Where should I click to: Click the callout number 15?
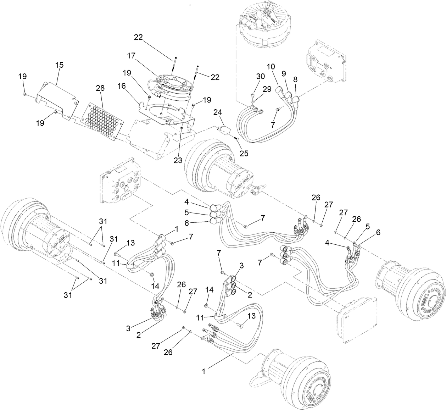click(x=59, y=66)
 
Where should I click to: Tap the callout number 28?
click(x=100, y=88)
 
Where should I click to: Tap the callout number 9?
click(x=284, y=73)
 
